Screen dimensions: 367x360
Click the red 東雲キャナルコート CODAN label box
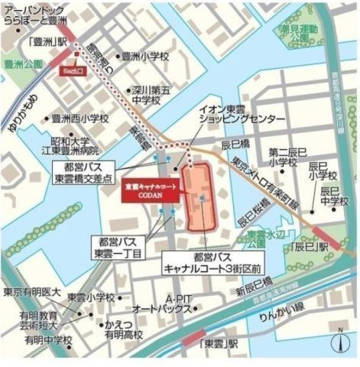click(x=151, y=189)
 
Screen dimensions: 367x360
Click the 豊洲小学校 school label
click(x=149, y=56)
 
